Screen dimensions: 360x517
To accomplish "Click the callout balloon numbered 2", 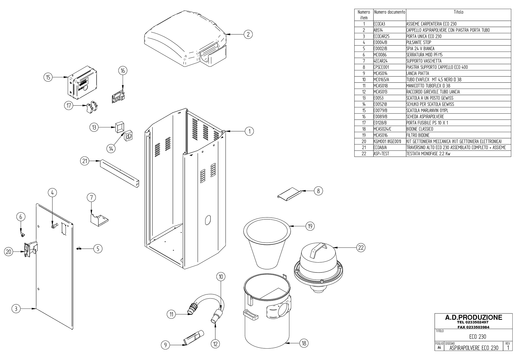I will [248, 34].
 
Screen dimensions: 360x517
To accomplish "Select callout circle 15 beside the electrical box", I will [48, 77].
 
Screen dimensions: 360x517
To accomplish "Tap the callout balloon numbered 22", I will [361, 248].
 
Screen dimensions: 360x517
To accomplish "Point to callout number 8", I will [318, 191].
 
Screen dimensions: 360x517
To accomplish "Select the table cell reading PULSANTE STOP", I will [419, 42].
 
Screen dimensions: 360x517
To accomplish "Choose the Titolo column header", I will [458, 12].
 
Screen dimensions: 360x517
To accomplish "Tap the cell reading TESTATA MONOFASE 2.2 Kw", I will [428, 154].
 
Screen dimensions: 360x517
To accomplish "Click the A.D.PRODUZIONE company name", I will [474, 317].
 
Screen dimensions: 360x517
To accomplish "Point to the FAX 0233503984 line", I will [474, 327].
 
